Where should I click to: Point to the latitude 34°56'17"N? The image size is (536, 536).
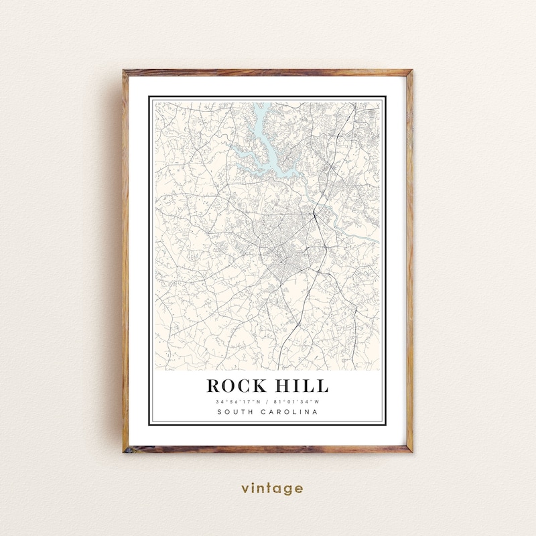(x=238, y=401)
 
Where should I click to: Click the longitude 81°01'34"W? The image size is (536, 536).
(x=297, y=401)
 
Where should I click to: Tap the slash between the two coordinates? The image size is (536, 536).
(x=267, y=401)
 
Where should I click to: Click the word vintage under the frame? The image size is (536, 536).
(x=272, y=488)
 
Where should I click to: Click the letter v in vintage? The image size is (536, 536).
(x=245, y=489)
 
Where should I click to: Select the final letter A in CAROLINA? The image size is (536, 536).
(x=316, y=412)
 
